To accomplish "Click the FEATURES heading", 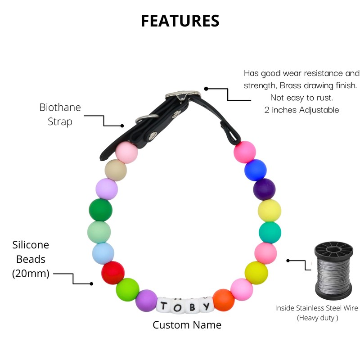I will (180, 21).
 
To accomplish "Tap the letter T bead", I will (164, 306).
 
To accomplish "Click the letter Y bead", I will (206, 306).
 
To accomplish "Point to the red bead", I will (113, 272).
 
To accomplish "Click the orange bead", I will (223, 300).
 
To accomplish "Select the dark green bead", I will (101, 210).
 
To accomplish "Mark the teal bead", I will (270, 232).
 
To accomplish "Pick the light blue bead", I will (103, 253).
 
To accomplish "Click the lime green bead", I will (127, 288).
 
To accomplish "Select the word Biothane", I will (60, 108).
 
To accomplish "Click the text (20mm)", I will (31, 273).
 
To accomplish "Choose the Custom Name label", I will (187, 325).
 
